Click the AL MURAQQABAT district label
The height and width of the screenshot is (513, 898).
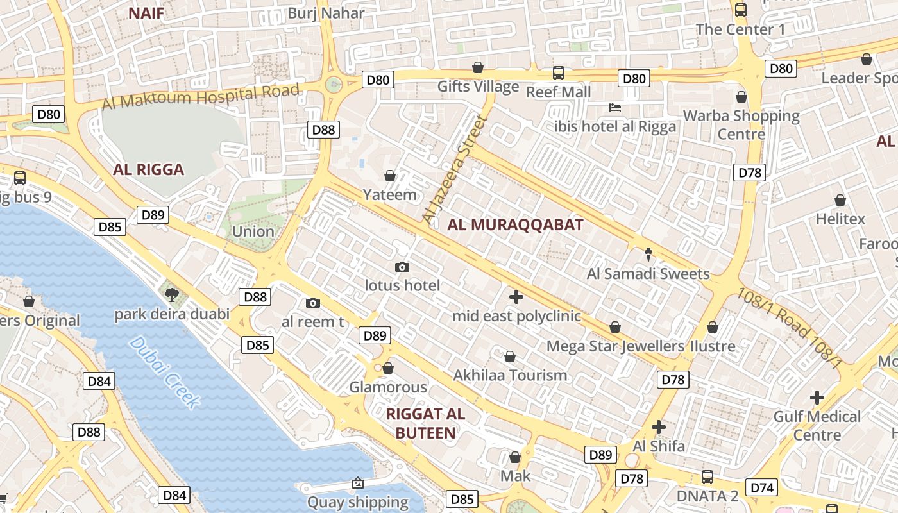click(515, 225)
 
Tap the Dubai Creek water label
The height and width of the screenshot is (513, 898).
click(164, 373)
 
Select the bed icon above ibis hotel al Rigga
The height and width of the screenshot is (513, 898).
click(615, 108)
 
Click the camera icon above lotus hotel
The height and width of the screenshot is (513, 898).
click(402, 267)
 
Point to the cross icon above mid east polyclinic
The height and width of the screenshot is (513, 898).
click(516, 297)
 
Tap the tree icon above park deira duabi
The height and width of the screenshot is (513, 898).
click(171, 295)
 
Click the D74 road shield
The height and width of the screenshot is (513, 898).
click(761, 488)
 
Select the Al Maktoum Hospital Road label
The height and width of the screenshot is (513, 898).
click(201, 97)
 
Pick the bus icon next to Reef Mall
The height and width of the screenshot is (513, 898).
click(559, 73)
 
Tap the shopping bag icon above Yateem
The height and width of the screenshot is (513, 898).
click(389, 176)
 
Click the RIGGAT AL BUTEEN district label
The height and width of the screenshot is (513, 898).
click(426, 423)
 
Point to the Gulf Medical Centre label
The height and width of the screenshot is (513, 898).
click(817, 426)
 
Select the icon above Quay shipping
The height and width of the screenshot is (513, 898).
click(358, 483)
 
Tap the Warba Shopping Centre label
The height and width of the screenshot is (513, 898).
click(741, 125)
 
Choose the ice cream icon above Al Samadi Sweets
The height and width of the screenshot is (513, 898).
click(648, 255)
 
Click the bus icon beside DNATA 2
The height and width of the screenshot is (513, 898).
click(707, 477)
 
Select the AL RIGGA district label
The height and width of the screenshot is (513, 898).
click(148, 170)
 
